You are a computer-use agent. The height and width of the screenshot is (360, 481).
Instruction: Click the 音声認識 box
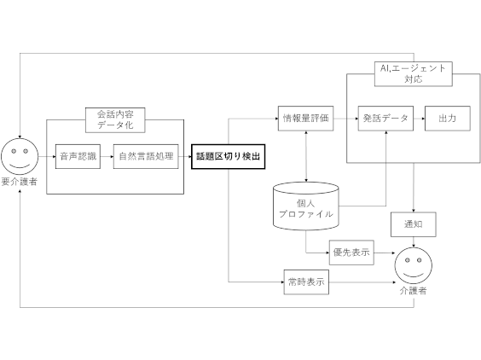[78, 156]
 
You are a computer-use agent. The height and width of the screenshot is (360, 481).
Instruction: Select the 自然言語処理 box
[146, 156]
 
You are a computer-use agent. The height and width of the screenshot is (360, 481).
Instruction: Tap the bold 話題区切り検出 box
[229, 156]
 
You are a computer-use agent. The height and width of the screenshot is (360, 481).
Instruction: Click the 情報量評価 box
[306, 119]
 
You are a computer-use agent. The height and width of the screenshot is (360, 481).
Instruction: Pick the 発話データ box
[385, 119]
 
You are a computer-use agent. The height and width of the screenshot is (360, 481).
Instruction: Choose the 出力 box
[448, 119]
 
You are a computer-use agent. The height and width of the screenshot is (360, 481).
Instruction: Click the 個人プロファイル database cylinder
[306, 206]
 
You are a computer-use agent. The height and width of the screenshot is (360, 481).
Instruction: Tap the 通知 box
[414, 224]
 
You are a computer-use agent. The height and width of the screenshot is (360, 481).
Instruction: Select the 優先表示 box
[351, 253]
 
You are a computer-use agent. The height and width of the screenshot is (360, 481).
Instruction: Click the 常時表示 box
[306, 282]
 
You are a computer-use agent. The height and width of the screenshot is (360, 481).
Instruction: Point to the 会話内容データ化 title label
[115, 120]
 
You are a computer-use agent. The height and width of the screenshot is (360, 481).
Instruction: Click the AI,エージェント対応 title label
[414, 74]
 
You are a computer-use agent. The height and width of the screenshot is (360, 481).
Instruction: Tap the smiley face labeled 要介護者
[20, 156]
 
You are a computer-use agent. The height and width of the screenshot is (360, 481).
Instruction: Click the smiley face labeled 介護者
[414, 266]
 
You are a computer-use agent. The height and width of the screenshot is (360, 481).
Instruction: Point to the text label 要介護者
[19, 182]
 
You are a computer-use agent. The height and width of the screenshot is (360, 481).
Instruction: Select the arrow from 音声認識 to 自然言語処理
[107, 156]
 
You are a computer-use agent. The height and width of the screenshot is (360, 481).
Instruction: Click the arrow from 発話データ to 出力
[419, 119]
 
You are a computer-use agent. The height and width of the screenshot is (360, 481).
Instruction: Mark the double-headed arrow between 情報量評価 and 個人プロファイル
[306, 156]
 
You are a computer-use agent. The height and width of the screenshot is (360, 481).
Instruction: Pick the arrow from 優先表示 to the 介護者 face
[385, 253]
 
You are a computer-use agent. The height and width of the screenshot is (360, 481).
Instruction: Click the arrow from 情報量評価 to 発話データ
[345, 119]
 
